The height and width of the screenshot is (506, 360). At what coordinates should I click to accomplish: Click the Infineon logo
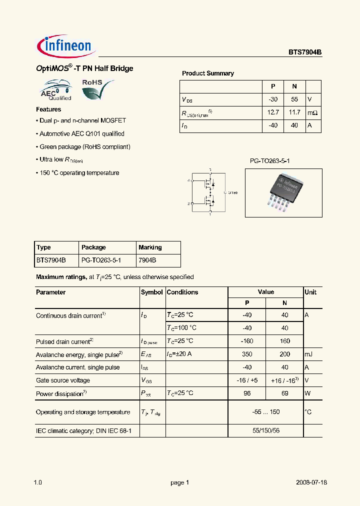[x=64, y=46]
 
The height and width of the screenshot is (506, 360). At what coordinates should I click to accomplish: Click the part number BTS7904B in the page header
[x=304, y=51]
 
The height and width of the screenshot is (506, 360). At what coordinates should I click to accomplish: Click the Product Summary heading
[x=207, y=73]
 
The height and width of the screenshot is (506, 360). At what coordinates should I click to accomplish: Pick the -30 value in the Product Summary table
[x=273, y=99]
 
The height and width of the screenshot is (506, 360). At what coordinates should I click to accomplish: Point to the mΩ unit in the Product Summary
[x=312, y=113]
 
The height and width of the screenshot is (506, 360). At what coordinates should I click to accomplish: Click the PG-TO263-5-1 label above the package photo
[x=270, y=161]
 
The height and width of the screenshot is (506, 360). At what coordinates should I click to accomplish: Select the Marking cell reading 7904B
[x=147, y=260]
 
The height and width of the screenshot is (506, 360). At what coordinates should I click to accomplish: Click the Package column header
[x=93, y=247]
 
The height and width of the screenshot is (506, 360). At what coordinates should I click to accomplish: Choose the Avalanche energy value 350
[x=246, y=354]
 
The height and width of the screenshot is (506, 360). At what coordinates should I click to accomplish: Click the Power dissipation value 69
[x=284, y=393]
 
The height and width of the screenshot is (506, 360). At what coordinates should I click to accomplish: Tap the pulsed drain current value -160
[x=246, y=341]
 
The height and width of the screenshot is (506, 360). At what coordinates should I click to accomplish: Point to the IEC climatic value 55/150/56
[x=265, y=430]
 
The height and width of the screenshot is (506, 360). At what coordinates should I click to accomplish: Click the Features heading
[x=48, y=109]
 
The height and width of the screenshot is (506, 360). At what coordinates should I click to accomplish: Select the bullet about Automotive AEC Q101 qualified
[x=81, y=134]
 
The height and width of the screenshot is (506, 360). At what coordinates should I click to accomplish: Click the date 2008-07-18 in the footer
[x=311, y=483]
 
